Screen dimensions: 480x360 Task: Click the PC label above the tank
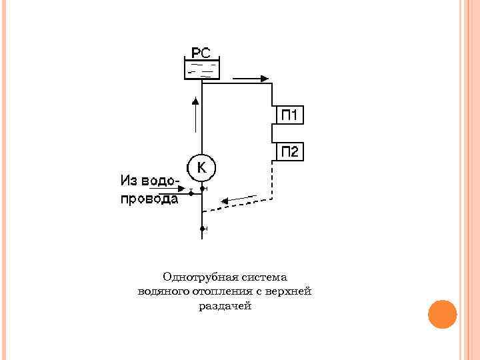tap(201, 51)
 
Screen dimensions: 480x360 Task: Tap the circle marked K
tap(201, 168)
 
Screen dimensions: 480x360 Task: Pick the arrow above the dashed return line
tap(239, 199)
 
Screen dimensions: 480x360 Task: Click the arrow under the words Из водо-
tap(164, 189)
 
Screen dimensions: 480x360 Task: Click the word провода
tap(149, 199)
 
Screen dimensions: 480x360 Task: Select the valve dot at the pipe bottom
tap(202, 229)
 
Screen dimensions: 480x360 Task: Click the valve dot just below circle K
tap(202, 189)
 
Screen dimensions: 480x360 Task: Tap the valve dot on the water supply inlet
tap(191, 193)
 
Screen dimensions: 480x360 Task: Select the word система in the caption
tap(257, 277)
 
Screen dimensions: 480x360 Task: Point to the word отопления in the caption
tap(215, 291)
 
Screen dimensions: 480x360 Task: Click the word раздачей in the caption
tap(224, 306)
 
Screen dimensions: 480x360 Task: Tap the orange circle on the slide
tap(441, 314)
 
